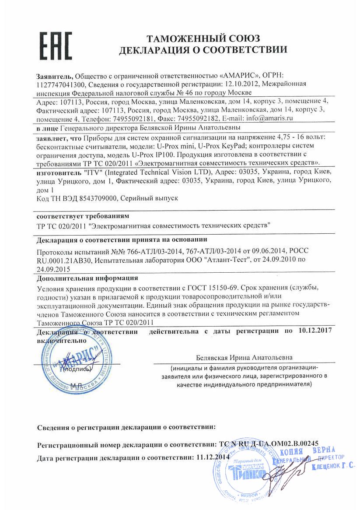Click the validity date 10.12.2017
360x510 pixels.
click(x=316, y=331)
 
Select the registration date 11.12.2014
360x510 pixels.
click(x=213, y=457)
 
